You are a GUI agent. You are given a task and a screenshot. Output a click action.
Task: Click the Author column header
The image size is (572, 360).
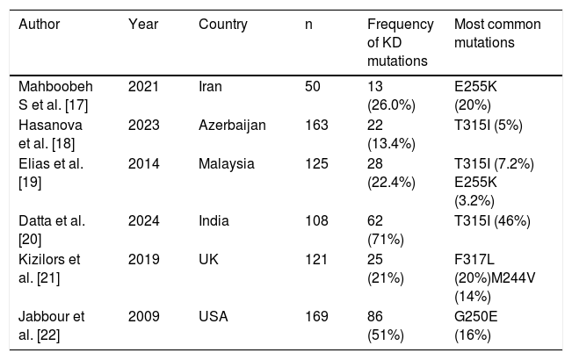[x=39, y=25]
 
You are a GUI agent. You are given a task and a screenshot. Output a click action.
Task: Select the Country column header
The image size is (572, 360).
[x=223, y=25]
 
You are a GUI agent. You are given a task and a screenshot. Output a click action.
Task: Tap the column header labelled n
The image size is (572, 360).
[x=308, y=25]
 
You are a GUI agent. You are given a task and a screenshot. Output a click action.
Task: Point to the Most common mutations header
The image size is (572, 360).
[x=497, y=33]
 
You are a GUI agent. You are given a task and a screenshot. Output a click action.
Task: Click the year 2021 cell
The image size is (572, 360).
[x=143, y=87]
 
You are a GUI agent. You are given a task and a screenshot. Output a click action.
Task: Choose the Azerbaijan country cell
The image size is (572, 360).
[x=232, y=126]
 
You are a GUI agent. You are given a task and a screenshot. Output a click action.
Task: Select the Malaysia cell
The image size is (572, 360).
[x=226, y=164]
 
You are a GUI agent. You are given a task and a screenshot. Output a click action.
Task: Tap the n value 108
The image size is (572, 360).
[x=316, y=220]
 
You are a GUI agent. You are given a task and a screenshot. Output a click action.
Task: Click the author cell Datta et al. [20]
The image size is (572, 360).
[x=52, y=230]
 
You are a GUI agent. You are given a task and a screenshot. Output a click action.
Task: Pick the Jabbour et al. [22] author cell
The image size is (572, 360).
[x=52, y=326]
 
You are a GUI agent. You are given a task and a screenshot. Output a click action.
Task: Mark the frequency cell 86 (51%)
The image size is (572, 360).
[x=386, y=326]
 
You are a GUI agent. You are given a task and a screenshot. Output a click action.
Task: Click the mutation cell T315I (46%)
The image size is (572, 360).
[x=492, y=221]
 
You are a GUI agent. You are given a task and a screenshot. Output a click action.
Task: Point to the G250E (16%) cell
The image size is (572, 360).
[x=475, y=326]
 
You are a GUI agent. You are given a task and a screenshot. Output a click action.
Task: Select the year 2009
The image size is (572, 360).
[x=143, y=316]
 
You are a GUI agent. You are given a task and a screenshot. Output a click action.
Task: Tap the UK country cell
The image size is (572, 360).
[x=208, y=259]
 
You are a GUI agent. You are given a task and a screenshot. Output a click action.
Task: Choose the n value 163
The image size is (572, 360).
[x=316, y=126]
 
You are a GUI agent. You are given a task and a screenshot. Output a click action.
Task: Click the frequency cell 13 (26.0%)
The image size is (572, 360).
[x=391, y=96]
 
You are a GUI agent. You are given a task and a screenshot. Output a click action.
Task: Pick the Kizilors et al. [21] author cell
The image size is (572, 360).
[x=49, y=269]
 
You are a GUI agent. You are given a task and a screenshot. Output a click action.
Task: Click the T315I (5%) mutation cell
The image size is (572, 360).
[x=489, y=126]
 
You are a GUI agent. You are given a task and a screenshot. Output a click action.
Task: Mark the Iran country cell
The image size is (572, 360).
[x=210, y=87]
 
